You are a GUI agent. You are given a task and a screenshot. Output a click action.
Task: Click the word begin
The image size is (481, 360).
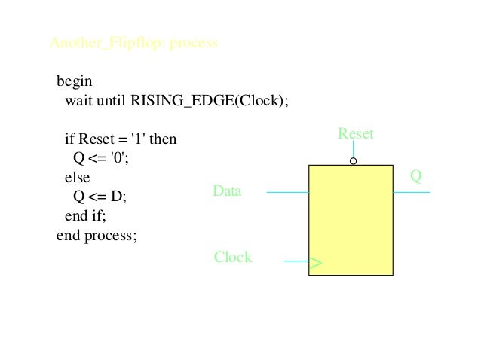pos(74,81)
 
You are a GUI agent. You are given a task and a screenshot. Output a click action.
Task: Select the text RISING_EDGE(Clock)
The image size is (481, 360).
pos(210,100)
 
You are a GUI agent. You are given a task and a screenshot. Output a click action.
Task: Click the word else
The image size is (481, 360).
pos(77,178)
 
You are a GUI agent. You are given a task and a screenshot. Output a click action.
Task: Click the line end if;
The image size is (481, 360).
pos(86,216)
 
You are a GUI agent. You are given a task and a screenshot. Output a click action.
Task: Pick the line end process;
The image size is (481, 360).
pos(97,236)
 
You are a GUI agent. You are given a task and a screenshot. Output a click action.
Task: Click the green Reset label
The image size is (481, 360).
pos(355,134)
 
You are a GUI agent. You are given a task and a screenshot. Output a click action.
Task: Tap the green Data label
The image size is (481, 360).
pos(227,191)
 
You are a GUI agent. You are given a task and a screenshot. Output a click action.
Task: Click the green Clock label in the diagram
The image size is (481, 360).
pos(233,258)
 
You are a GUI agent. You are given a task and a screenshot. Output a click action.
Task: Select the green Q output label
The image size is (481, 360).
pos(415,176)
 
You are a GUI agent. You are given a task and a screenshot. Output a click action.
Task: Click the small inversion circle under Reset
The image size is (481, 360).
pos(353,161)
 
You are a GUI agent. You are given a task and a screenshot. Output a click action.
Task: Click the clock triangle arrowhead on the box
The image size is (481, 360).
pos(315,263)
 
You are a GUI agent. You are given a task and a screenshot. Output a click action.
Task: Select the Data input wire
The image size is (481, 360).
pos(287,192)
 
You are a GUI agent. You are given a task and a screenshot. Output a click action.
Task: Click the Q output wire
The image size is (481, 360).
pos(411,192)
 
